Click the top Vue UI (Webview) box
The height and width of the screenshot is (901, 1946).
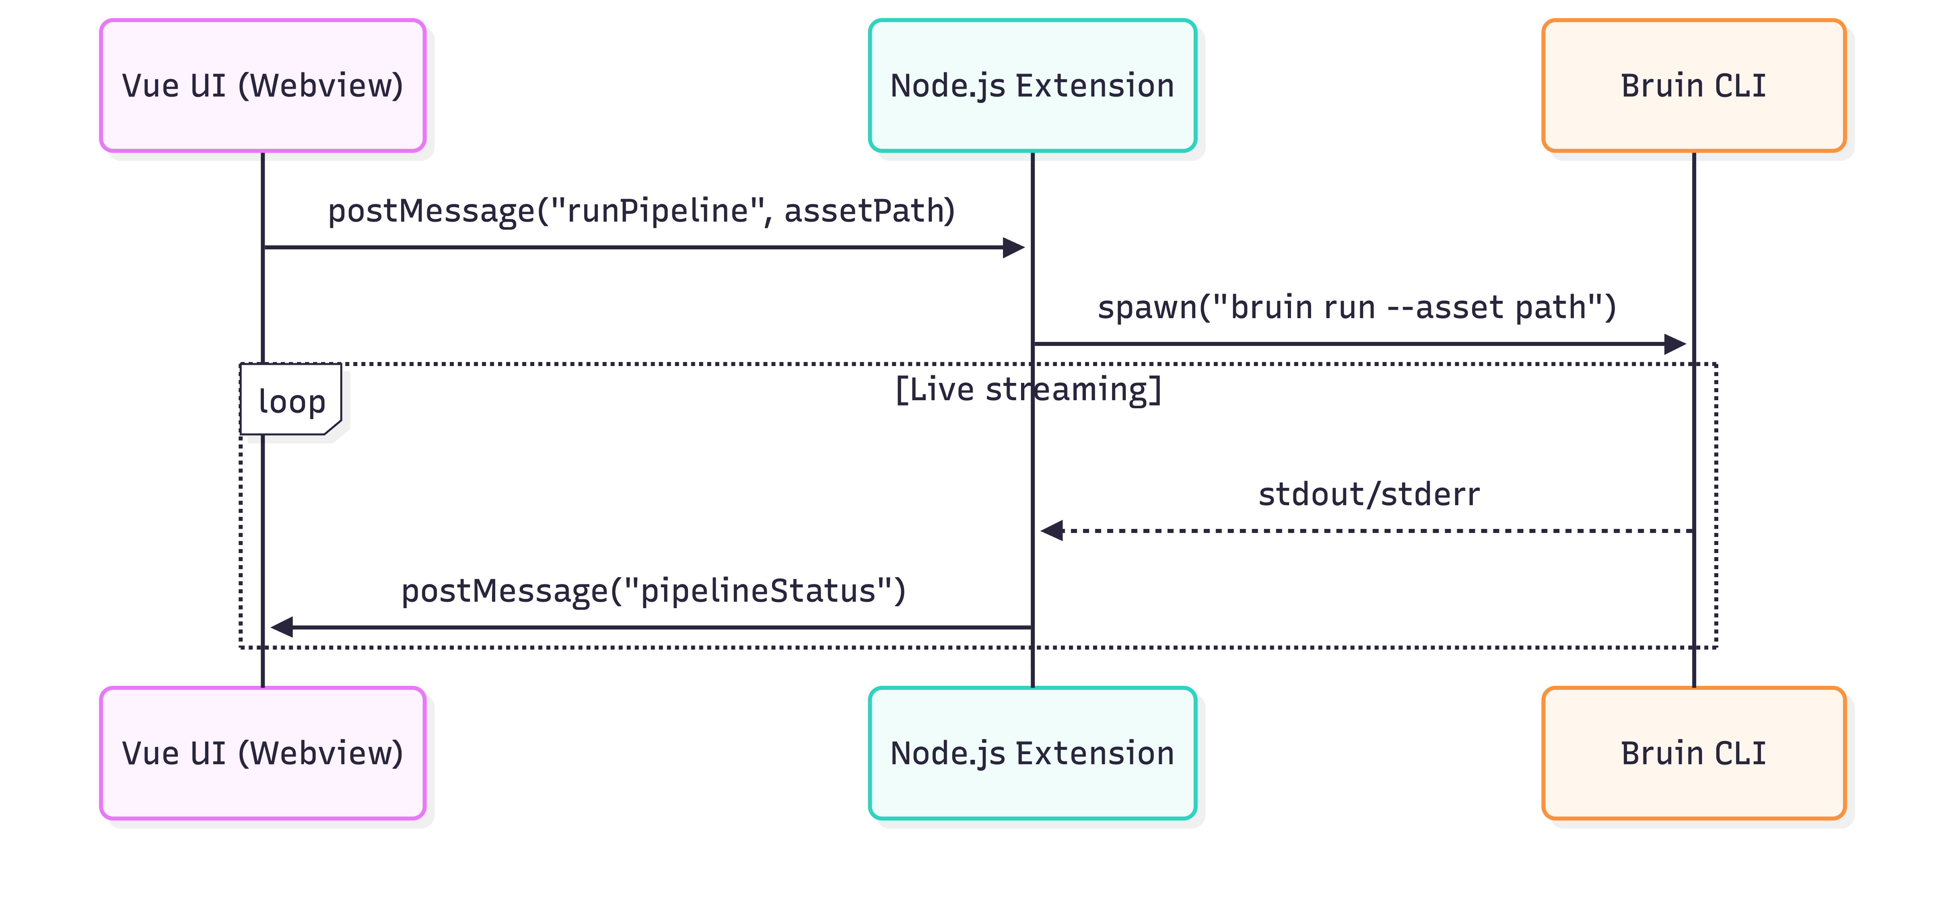263,85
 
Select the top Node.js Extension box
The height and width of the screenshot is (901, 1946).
1032,85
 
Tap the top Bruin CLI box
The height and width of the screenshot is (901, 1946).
1694,85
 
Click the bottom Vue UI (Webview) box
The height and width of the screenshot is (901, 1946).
263,753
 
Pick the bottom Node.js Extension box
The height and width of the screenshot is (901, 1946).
1032,753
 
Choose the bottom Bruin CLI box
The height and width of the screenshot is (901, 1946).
1694,753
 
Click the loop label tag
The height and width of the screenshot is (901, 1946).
291,400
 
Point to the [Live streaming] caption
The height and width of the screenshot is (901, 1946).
1028,390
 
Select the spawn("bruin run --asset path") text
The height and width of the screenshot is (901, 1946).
1357,307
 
